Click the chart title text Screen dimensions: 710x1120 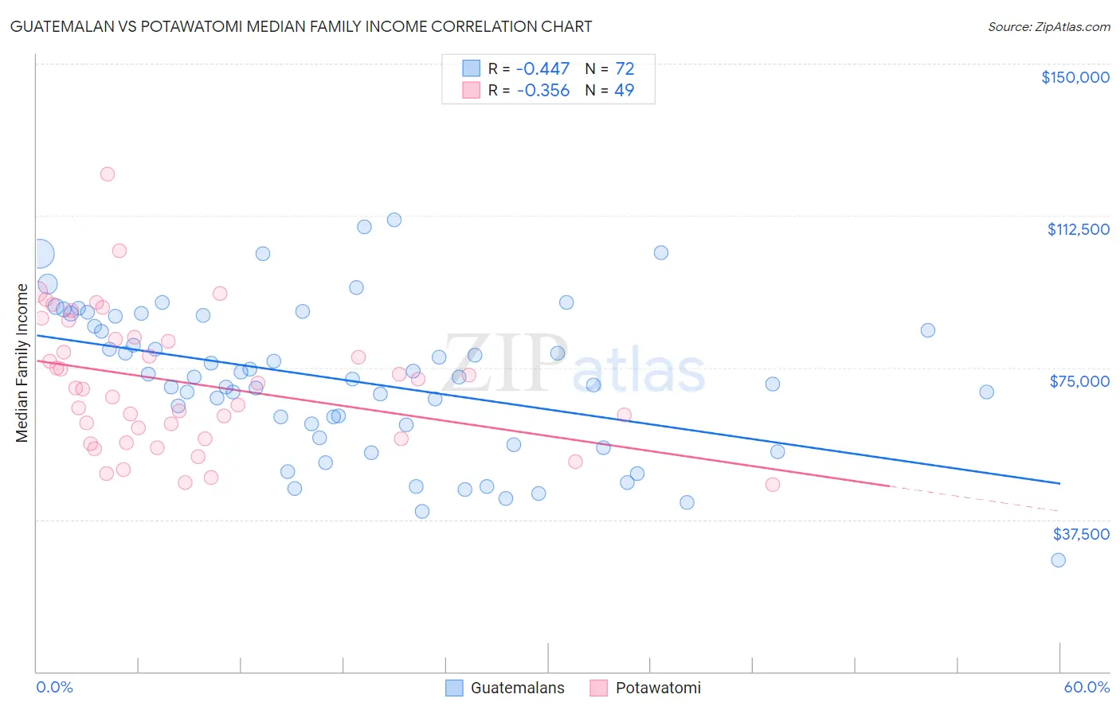click(301, 27)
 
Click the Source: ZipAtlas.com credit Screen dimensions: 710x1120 click(1048, 27)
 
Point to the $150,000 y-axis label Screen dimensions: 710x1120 click(1075, 77)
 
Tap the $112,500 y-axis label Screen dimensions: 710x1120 click(1078, 229)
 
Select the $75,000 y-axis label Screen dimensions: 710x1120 click(1079, 381)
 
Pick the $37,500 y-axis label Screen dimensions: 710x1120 click(1081, 534)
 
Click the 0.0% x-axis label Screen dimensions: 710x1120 click(54, 687)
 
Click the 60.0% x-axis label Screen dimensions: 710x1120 click(1086, 687)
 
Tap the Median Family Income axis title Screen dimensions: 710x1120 click(22, 362)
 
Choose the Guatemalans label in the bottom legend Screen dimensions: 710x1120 click(517, 688)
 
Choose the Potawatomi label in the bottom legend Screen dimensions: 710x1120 click(658, 688)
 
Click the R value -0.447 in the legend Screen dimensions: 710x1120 click(542, 69)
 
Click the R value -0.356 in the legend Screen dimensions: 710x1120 click(542, 91)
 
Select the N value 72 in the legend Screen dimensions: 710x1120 click(625, 69)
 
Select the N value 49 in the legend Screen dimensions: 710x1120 click(625, 91)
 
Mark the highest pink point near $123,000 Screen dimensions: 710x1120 click(108, 174)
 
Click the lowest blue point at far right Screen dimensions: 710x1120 click(1058, 560)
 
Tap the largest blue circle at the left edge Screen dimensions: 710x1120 click(40, 254)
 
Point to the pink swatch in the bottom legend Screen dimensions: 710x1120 click(598, 688)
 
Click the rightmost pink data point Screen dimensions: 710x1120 click(772, 485)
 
